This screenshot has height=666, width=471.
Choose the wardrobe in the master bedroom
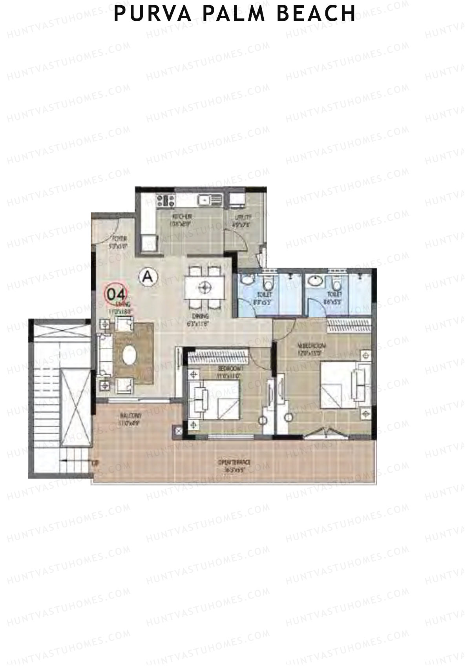[x=350, y=325]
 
